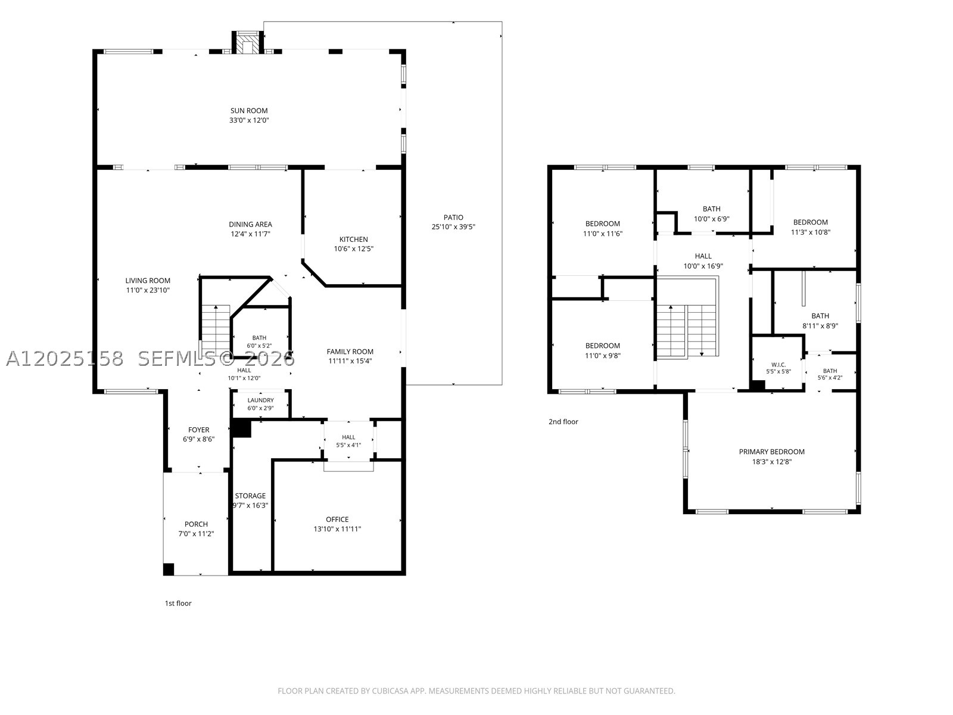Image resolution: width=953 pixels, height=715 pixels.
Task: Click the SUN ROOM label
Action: (x=249, y=111)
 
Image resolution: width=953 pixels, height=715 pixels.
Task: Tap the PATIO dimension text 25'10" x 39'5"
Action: (x=453, y=226)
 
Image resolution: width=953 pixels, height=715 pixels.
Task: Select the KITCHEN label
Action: (x=353, y=239)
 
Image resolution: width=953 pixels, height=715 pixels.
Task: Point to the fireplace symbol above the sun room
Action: (x=247, y=43)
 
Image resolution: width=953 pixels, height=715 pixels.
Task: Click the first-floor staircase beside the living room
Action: (x=216, y=329)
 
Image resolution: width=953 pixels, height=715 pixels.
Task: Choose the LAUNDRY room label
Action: (x=260, y=400)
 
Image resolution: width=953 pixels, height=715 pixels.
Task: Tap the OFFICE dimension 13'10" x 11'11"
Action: (x=337, y=529)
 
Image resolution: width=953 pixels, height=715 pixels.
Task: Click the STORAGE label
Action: (x=250, y=496)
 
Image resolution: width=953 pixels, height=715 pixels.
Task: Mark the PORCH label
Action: (x=196, y=524)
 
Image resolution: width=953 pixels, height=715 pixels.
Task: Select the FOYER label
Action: (x=199, y=430)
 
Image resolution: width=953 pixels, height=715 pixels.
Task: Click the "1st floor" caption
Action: (x=178, y=603)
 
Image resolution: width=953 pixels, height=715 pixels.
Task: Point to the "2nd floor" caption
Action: (x=563, y=421)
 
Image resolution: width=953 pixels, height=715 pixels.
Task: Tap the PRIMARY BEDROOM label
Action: (x=771, y=452)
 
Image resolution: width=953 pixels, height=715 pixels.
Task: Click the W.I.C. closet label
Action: (x=778, y=365)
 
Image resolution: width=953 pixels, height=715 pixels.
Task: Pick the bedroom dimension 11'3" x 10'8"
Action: (x=810, y=232)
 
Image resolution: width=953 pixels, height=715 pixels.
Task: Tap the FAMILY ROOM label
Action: (x=350, y=352)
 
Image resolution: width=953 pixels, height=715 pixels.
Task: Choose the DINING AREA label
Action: (x=251, y=225)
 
